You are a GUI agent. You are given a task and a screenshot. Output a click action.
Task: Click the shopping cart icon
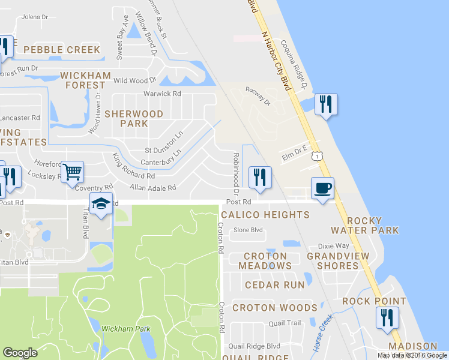pos(73,172)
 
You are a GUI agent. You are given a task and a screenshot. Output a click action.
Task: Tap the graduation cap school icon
pos(101,204)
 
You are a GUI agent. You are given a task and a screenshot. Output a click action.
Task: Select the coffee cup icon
pos(322,188)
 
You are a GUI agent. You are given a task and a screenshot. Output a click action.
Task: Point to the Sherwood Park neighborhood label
pos(133,118)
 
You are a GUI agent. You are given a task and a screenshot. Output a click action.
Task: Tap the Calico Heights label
pos(265,214)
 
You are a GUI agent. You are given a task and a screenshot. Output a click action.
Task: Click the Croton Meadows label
pos(265,260)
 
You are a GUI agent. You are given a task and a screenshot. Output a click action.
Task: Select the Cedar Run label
pos(274,285)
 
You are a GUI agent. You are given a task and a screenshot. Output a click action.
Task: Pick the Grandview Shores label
pos(333,260)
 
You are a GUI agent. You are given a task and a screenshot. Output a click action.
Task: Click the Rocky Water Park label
pos(373,225)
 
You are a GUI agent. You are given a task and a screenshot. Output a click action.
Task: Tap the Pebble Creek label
pos(62,50)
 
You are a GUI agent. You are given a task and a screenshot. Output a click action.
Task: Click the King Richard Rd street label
pos(133,169)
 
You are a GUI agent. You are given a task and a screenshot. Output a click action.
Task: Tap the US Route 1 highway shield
pos(317,155)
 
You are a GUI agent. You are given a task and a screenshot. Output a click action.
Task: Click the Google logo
pos(20,352)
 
